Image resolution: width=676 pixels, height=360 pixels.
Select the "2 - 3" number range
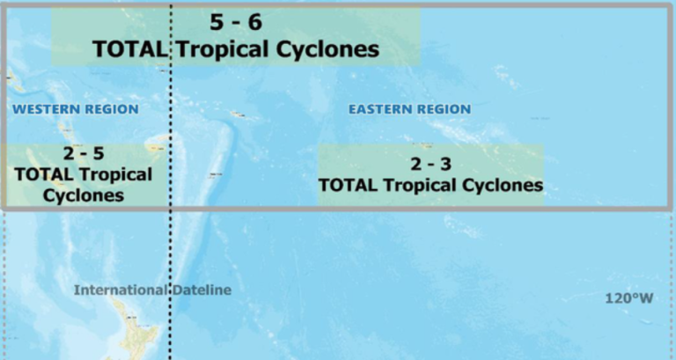tap(430, 165)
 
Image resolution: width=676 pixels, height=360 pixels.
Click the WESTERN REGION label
tap(76, 109)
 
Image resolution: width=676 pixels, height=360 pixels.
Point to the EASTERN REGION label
tap(409, 109)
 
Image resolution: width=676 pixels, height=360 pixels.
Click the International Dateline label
tap(152, 290)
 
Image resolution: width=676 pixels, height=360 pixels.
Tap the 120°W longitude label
tap(628, 298)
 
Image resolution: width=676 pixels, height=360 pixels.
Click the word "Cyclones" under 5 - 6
tap(321, 49)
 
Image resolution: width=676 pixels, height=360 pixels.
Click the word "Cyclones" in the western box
tap(83, 195)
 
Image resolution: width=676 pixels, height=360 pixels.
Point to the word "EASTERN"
tap(378, 109)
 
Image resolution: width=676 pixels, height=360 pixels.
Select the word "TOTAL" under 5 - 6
tap(129, 49)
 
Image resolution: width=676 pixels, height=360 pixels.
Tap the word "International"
tap(119, 290)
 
